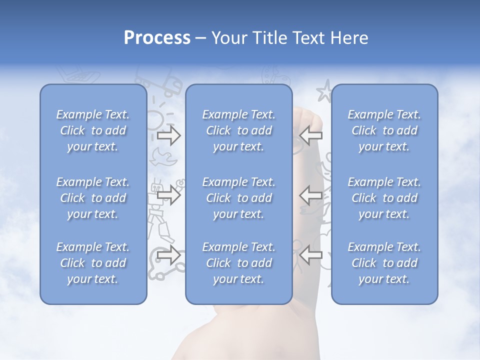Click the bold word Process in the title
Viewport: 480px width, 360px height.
tap(157, 38)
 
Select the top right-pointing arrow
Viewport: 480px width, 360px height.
tap(168, 135)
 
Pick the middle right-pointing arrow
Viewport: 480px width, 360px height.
tap(168, 194)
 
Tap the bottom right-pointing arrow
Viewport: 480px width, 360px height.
tap(168, 255)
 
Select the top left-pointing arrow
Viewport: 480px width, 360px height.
tap(310, 135)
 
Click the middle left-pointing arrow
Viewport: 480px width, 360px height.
tap(310, 194)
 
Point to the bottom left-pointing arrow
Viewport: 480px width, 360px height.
tap(310, 255)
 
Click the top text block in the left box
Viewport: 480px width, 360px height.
tap(93, 130)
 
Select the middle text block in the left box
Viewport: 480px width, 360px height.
tap(93, 198)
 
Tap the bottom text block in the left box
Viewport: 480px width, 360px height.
tap(93, 263)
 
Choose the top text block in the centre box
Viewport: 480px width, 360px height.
tap(239, 130)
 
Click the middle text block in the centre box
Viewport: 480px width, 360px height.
tap(239, 198)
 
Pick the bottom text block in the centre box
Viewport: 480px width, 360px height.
tap(239, 263)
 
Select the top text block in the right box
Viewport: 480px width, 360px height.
tap(384, 130)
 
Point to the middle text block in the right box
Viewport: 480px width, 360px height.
tap(384, 198)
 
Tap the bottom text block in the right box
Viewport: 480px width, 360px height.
tap(384, 263)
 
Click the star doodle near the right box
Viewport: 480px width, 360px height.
tap(324, 91)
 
